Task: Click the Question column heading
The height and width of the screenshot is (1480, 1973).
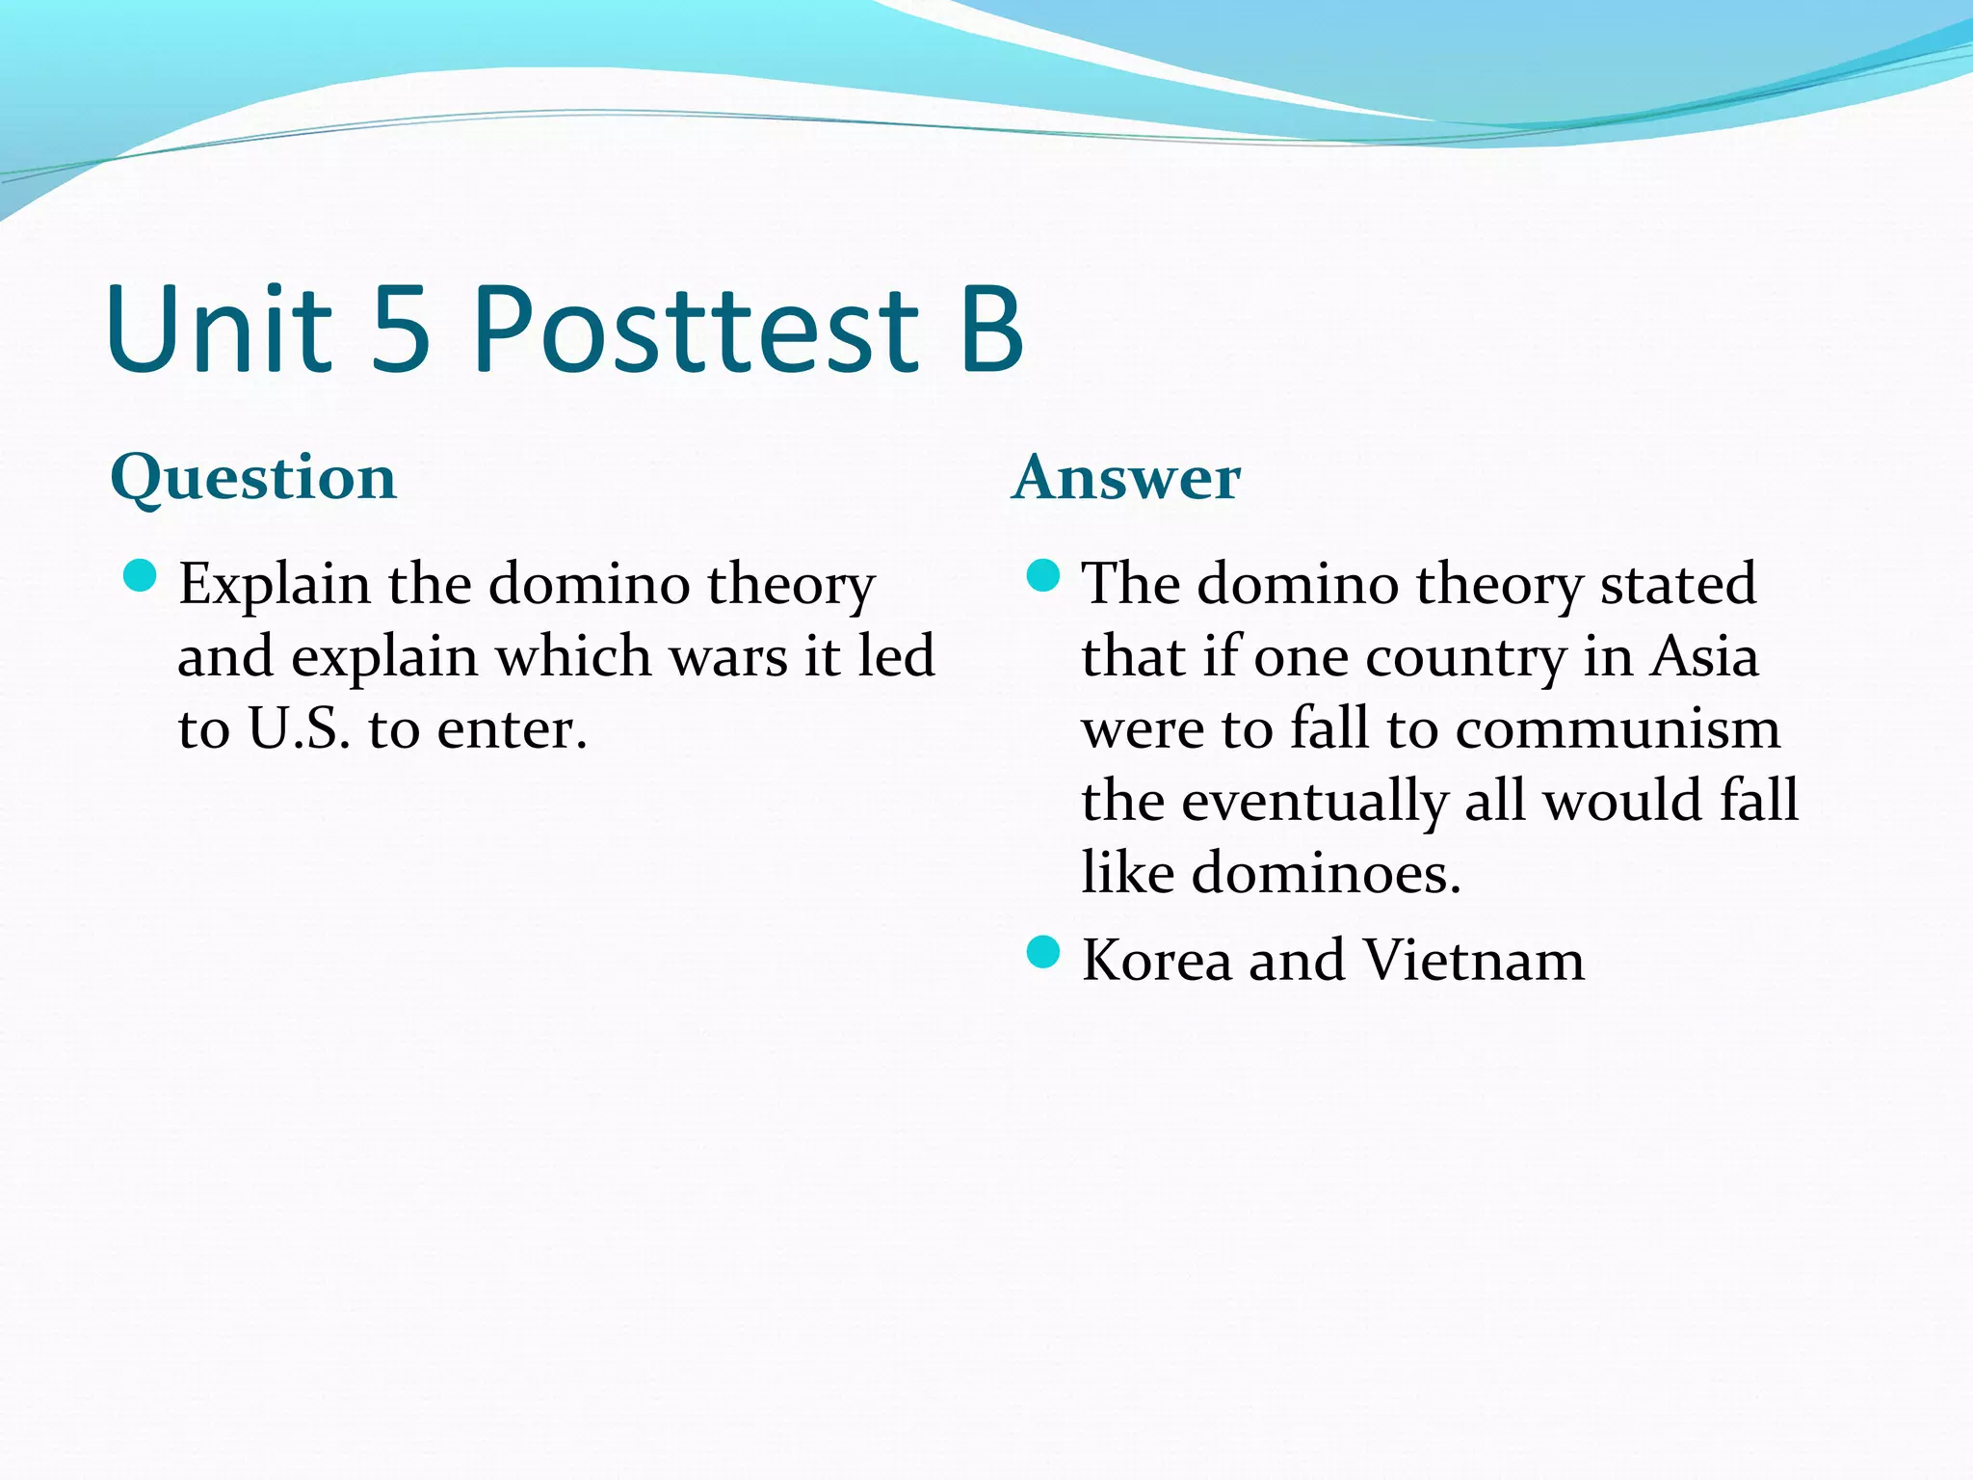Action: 253,478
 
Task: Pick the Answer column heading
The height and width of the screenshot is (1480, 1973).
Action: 1126,478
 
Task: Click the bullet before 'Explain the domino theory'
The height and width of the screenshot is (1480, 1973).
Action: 141,577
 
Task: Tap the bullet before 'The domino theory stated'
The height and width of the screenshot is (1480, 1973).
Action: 1043,577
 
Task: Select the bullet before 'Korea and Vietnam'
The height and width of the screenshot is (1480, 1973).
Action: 1043,953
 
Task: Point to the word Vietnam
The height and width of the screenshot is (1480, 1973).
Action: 1473,961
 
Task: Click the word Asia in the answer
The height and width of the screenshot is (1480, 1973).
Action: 1704,657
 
